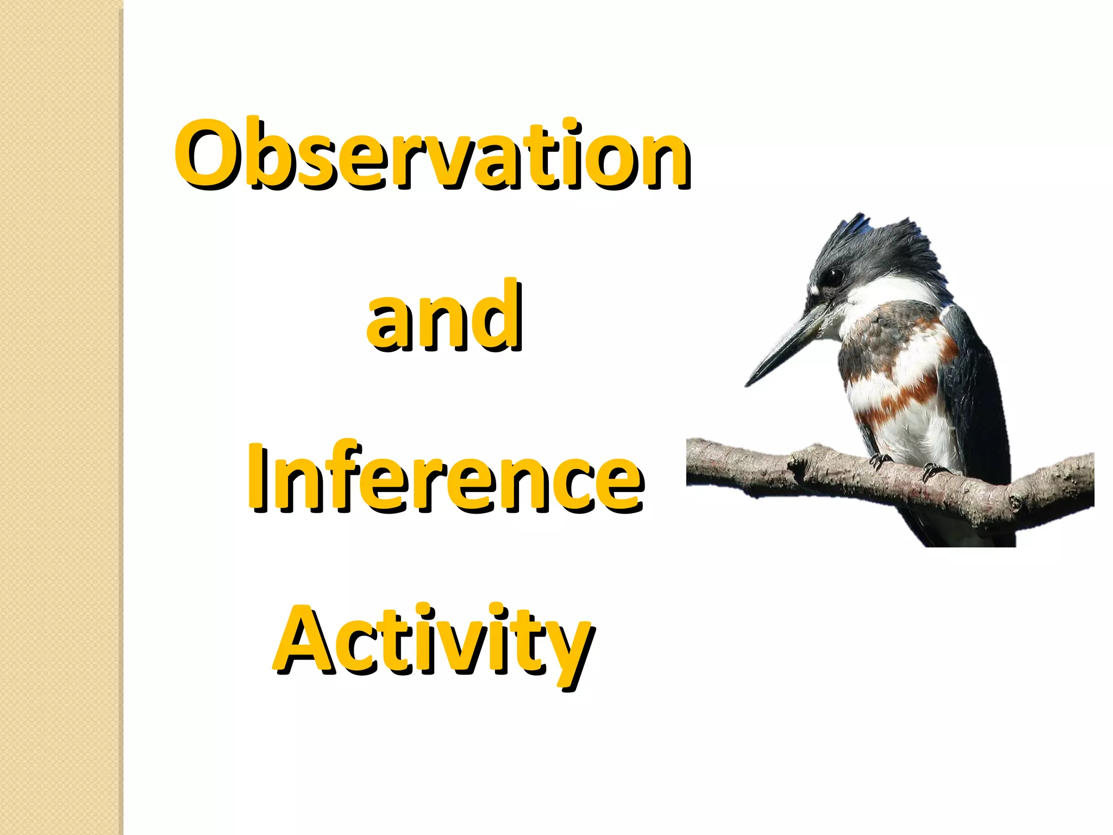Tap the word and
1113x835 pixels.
click(x=445, y=316)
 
